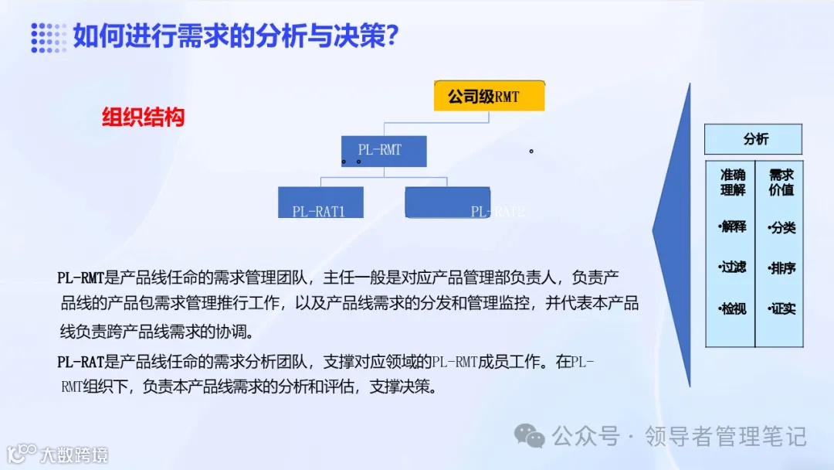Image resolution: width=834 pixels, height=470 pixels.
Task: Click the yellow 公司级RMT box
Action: [489, 97]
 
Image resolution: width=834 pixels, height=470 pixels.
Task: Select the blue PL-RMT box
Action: [384, 151]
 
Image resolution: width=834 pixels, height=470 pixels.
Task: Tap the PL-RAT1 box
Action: [320, 203]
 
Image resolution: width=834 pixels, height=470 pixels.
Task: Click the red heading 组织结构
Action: [144, 117]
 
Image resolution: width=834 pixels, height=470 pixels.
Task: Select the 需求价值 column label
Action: [781, 182]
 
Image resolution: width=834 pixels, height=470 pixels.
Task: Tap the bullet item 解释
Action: [733, 226]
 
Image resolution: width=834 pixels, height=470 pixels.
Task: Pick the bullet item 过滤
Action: [733, 267]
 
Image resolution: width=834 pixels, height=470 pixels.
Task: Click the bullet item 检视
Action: [733, 308]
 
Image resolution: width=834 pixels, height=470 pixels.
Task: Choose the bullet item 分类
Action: [781, 228]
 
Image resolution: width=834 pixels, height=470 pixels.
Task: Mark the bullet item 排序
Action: [781, 268]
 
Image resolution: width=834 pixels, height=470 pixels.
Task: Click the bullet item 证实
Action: [781, 308]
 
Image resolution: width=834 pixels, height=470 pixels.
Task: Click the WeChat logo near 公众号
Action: [531, 437]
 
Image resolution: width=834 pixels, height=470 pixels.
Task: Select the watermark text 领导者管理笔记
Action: [725, 437]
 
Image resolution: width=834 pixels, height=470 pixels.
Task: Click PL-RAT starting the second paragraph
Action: [80, 362]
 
